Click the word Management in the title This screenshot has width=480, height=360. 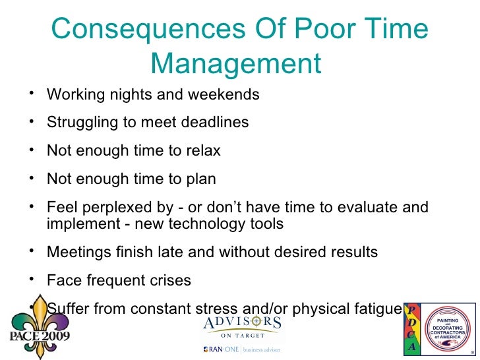[x=235, y=64]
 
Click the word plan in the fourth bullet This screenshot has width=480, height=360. [x=200, y=179]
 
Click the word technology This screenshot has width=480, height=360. [x=212, y=224]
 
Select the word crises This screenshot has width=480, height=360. [x=170, y=280]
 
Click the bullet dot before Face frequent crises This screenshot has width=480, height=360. [x=32, y=280]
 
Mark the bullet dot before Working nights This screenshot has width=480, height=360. [x=32, y=94]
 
